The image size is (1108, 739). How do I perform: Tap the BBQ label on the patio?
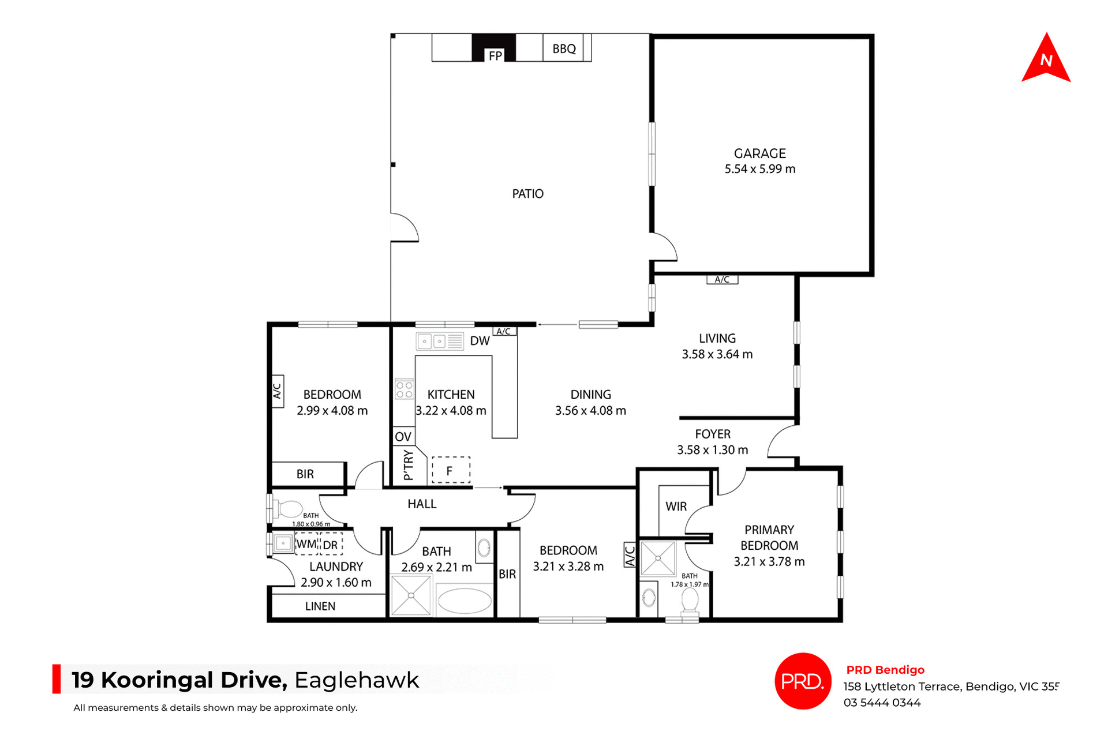pyautogui.click(x=564, y=49)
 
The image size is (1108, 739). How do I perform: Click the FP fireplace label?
pyautogui.click(x=495, y=56)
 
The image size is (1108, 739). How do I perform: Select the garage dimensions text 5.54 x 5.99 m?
pyautogui.click(x=759, y=169)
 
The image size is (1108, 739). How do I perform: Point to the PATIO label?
pyautogui.click(x=527, y=194)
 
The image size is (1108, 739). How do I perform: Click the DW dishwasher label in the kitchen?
pyautogui.click(x=480, y=341)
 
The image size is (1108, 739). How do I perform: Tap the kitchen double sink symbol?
pyautogui.click(x=432, y=342)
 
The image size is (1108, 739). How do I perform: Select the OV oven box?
pyautogui.click(x=403, y=437)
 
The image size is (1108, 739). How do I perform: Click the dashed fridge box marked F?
pyautogui.click(x=451, y=470)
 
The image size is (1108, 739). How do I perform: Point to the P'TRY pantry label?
pyautogui.click(x=409, y=465)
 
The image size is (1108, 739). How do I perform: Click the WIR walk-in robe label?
pyautogui.click(x=676, y=507)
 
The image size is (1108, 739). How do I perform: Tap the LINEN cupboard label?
pyautogui.click(x=320, y=606)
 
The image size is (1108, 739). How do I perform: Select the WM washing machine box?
pyautogui.click(x=306, y=544)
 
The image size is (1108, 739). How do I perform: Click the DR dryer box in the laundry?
pyautogui.click(x=331, y=545)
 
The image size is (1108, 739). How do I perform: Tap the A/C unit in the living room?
pyautogui.click(x=722, y=280)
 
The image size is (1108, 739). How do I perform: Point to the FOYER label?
pyautogui.click(x=712, y=434)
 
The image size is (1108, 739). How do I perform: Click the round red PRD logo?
pyautogui.click(x=802, y=681)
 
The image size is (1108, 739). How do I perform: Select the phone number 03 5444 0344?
pyautogui.click(x=882, y=703)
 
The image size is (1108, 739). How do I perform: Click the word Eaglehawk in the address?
pyautogui.click(x=357, y=680)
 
